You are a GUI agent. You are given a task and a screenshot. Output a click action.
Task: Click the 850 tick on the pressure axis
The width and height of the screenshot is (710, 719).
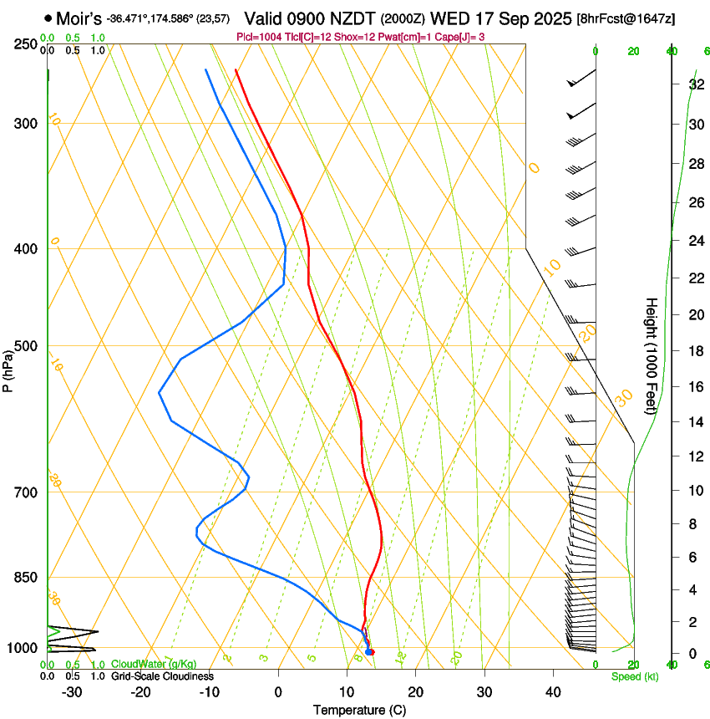pos(26,577)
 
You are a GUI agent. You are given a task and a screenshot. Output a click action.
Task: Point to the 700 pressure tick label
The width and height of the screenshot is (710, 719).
pos(26,492)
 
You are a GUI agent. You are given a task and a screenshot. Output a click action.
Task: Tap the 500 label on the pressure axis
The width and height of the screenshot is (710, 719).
pos(26,346)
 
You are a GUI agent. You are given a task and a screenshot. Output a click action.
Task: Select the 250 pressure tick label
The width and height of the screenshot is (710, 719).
pos(26,43)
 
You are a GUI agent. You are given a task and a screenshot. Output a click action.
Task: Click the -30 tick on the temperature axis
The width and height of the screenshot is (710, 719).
pos(72,691)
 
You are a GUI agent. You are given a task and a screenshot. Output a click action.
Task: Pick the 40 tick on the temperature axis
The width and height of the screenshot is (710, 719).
pos(553,691)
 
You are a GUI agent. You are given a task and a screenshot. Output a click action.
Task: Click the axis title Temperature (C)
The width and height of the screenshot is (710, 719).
pos(359,710)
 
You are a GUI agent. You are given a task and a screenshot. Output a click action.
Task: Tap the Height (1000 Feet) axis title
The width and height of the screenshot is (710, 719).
pos(652,356)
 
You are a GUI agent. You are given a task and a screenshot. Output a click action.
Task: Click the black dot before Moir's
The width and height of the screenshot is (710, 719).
pos(48,18)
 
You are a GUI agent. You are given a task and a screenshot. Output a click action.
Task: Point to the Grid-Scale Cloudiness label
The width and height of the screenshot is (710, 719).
pos(162,676)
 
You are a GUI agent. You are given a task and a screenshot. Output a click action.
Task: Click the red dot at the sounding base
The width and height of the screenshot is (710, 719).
pos(371,652)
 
